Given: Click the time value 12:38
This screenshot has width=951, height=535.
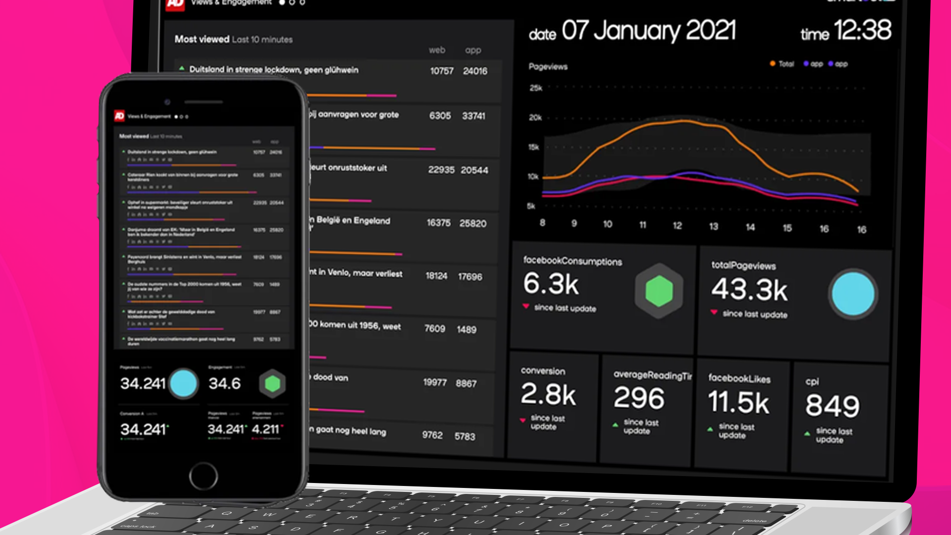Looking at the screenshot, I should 862,30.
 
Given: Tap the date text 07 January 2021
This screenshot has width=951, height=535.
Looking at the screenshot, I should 648,31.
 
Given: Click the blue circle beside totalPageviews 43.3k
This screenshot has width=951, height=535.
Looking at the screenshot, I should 852,294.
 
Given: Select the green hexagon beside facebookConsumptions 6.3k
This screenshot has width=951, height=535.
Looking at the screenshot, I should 659,291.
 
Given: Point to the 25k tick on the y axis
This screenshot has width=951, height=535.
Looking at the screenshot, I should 536,88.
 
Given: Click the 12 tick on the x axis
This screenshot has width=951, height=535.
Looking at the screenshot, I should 677,226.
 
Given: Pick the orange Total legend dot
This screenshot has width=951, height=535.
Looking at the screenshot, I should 773,63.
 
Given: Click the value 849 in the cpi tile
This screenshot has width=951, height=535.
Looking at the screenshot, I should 832,406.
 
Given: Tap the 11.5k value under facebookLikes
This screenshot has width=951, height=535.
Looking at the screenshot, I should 739,402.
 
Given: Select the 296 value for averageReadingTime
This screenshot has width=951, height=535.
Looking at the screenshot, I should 639,398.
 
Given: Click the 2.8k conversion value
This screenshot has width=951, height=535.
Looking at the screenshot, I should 548,394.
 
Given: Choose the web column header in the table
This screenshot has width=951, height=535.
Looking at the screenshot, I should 437,50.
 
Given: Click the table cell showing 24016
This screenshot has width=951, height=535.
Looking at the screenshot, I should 475,71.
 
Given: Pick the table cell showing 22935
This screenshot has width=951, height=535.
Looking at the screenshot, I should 441,170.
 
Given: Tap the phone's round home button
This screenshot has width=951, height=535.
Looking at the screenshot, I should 203,476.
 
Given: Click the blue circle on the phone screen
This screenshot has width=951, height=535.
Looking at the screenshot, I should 183,383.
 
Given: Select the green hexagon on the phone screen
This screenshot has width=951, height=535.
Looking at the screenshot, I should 272,383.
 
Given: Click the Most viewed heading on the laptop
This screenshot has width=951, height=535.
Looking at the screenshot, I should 202,39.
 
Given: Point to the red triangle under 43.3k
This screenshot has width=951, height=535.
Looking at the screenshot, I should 714,312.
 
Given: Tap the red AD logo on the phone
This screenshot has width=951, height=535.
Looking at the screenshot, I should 119,116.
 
